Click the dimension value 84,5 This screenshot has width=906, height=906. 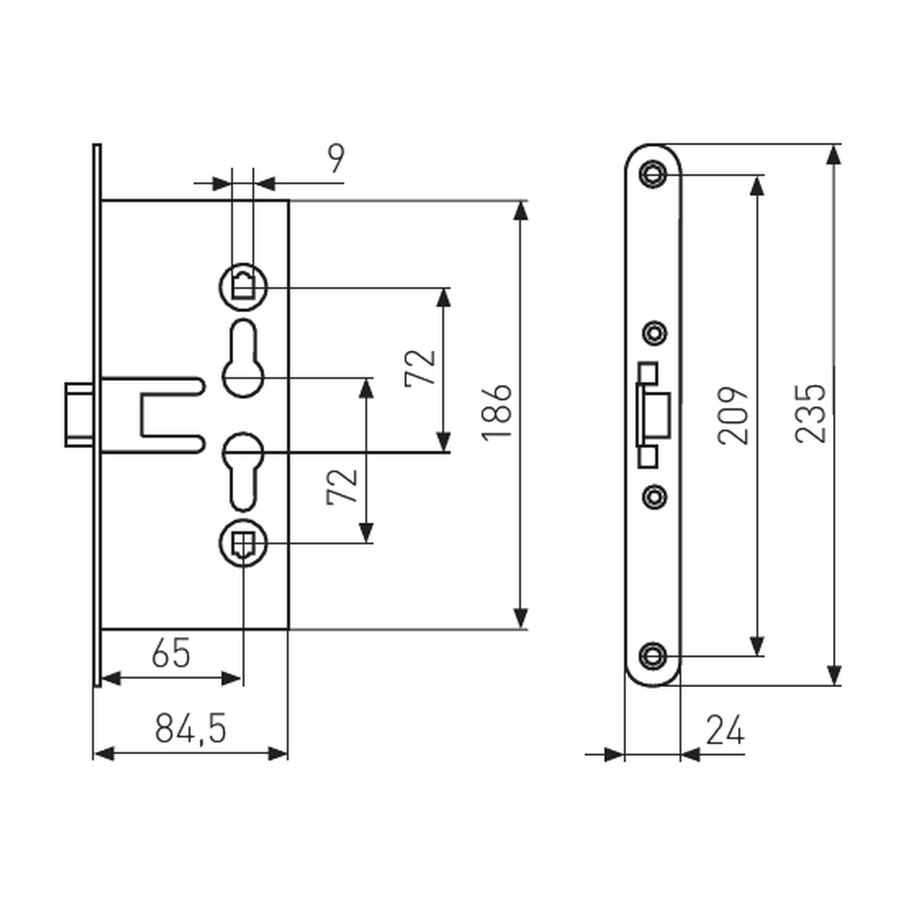point(190,729)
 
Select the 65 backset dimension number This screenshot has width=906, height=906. point(171,653)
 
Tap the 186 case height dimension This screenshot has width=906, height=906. point(497,413)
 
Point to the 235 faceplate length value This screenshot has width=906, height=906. point(810,414)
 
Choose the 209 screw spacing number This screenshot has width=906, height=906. point(733,415)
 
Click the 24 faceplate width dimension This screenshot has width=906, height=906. point(725,731)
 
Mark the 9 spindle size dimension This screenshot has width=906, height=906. point(336,159)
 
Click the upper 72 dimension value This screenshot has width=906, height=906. point(420,367)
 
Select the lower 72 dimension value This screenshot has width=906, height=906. point(342,487)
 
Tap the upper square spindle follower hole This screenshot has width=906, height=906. point(243,287)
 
